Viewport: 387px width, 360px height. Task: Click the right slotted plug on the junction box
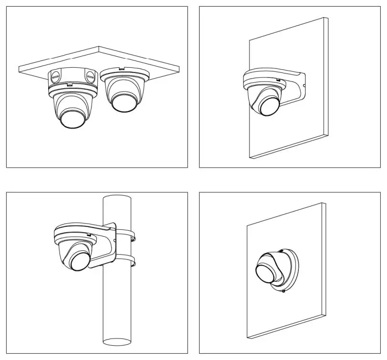90,75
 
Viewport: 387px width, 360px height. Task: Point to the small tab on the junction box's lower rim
69,85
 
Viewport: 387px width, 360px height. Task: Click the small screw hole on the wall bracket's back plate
304,86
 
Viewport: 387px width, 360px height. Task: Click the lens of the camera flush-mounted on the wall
267,272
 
